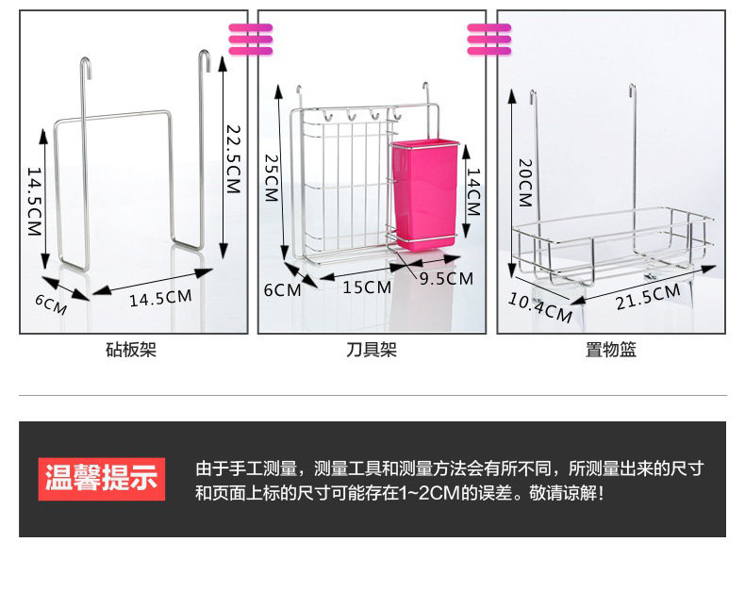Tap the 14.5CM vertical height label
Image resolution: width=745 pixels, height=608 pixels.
[35, 203]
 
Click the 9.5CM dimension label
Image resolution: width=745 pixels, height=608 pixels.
[446, 278]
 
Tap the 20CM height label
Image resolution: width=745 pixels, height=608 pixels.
[526, 183]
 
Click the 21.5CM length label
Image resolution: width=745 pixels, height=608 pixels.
[647, 295]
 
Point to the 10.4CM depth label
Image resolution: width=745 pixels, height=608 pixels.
[540, 307]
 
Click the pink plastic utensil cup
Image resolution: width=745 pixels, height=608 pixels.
[425, 193]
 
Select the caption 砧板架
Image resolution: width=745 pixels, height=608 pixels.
[131, 351]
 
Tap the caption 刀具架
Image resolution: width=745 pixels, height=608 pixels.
[372, 351]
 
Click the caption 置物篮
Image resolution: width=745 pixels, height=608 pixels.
[611, 351]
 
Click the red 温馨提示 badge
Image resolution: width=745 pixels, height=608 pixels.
[102, 479]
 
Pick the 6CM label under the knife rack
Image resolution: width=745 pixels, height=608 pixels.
[281, 289]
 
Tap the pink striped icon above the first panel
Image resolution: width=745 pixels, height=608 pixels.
[250, 39]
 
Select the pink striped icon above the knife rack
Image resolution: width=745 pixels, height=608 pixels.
[488, 39]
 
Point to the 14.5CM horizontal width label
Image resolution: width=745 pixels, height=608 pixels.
[160, 298]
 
